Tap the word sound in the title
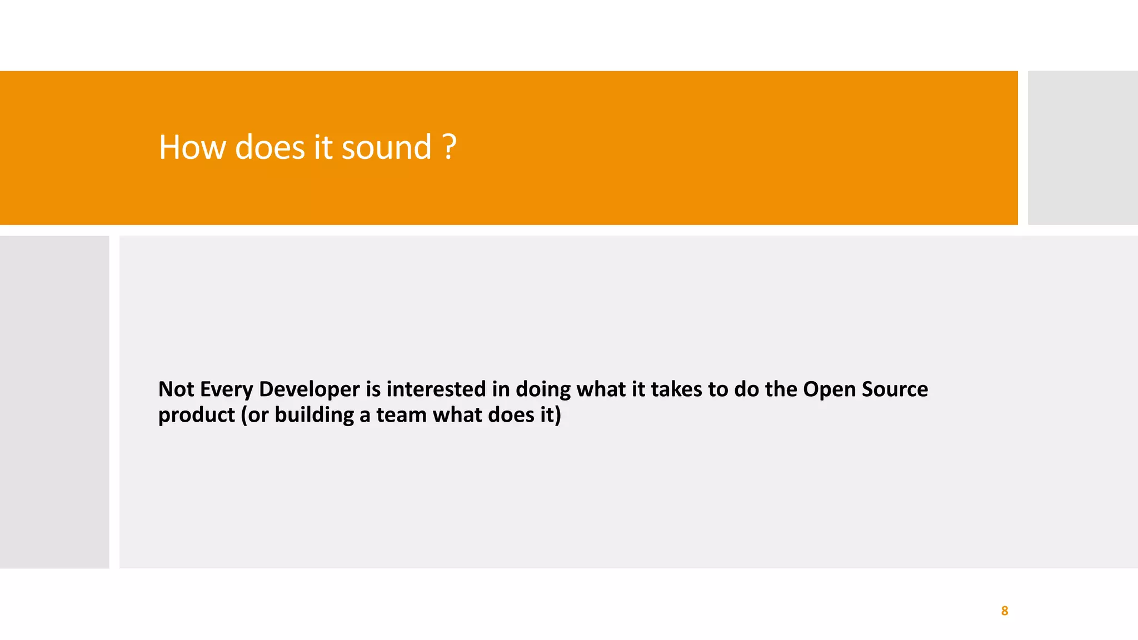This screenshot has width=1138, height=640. pos(386,148)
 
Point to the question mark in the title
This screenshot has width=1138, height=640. pos(450,148)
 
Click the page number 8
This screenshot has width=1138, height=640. pos(1004,611)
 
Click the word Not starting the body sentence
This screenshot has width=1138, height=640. pos(176,389)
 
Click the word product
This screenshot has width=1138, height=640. pos(197,416)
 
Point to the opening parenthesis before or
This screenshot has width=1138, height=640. pos(244,416)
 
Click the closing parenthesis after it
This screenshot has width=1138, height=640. pos(558,416)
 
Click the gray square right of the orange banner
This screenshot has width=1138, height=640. pos(1082,148)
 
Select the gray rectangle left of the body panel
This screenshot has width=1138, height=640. pos(54,402)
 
